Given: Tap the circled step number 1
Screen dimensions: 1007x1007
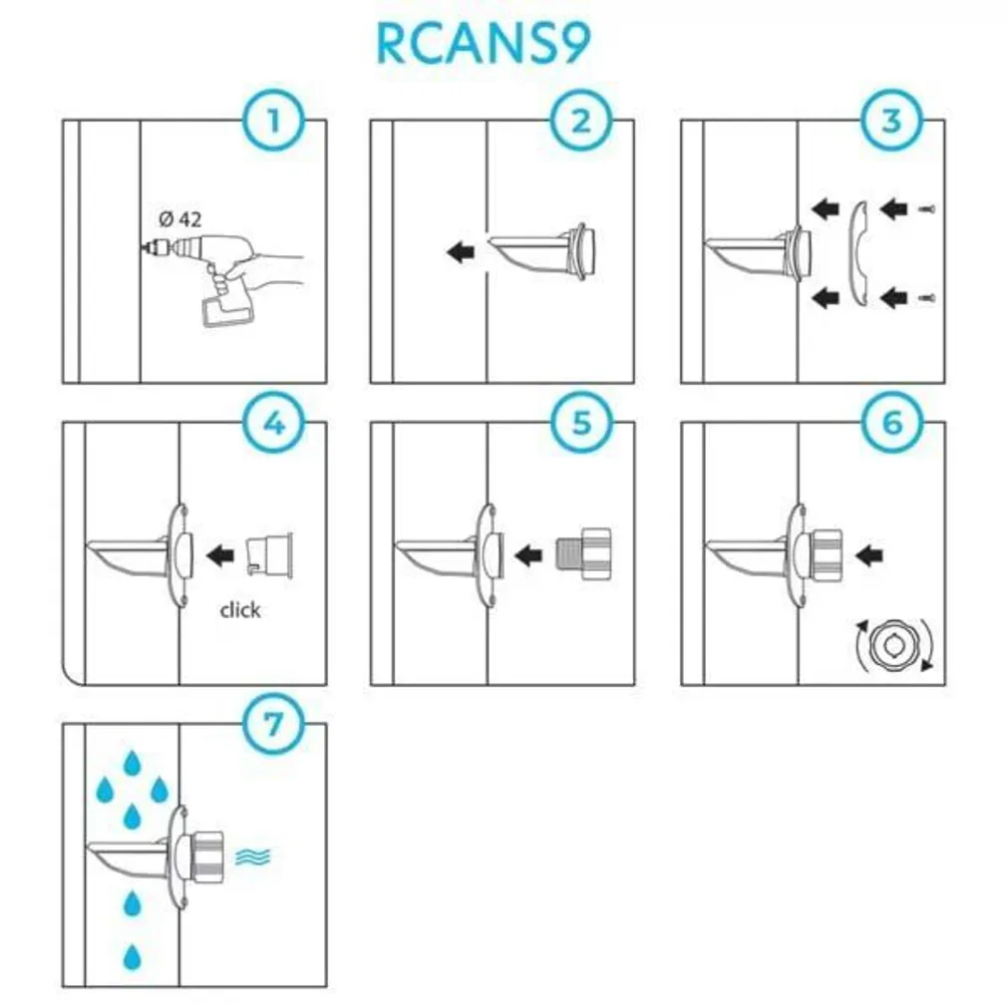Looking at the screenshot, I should (271, 122).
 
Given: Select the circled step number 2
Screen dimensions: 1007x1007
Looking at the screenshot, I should (580, 122).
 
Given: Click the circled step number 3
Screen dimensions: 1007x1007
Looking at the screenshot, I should (891, 122).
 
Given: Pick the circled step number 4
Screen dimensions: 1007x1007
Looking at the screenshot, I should (271, 423).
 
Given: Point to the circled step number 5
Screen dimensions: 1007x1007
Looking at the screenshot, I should (580, 423).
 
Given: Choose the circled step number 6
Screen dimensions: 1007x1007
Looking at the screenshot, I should (891, 423).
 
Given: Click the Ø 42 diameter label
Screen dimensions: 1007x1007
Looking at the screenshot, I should (179, 219).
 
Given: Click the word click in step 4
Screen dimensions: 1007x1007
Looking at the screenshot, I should (239, 609).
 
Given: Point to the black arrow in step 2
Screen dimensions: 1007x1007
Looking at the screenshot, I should (461, 252).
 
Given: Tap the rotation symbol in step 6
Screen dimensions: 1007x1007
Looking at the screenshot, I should (892, 646).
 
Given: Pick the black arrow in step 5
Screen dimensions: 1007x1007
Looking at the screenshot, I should (527, 552).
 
